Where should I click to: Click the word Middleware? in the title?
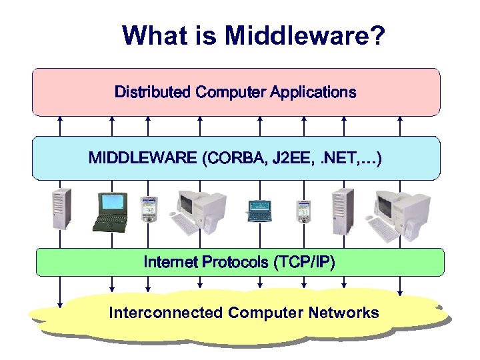point(305,36)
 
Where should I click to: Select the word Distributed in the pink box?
point(153,92)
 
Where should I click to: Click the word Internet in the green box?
point(170,262)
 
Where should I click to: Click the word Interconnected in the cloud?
point(165,313)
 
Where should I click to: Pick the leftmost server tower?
point(62,207)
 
